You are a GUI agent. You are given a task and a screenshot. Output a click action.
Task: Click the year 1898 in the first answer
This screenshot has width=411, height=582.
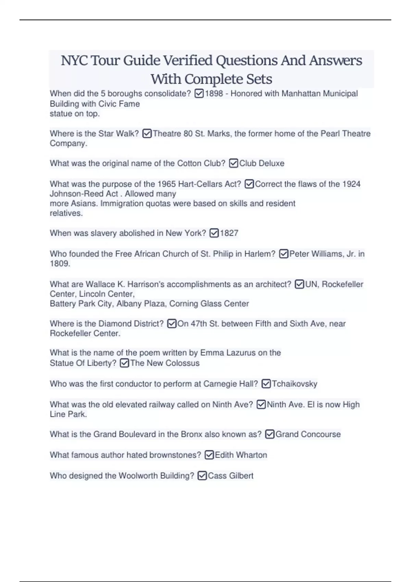[x=214, y=93]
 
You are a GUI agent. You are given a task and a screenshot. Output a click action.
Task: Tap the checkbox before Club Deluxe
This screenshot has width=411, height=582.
[x=233, y=163]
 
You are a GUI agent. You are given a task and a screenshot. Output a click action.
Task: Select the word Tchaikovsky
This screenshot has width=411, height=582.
[x=295, y=384]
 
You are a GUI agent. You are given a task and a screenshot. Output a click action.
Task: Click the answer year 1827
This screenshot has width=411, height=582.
[x=229, y=233]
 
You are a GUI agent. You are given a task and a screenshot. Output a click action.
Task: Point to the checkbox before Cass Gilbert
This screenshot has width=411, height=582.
[x=202, y=476]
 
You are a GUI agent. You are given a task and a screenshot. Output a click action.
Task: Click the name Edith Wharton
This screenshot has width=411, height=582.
[x=241, y=455]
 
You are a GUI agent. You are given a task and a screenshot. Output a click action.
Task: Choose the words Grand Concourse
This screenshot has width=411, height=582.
[x=308, y=434]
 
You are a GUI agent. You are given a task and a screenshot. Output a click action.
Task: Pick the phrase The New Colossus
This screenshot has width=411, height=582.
[x=165, y=363]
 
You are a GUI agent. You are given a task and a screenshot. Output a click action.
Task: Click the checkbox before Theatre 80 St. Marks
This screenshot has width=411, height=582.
[x=147, y=134]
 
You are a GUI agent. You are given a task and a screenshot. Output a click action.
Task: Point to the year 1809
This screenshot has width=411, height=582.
[x=60, y=264]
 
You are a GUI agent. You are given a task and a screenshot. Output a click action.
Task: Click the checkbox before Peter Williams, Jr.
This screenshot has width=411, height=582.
[x=284, y=254]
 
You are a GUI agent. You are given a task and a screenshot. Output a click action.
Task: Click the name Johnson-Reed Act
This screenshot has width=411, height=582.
[x=84, y=194]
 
